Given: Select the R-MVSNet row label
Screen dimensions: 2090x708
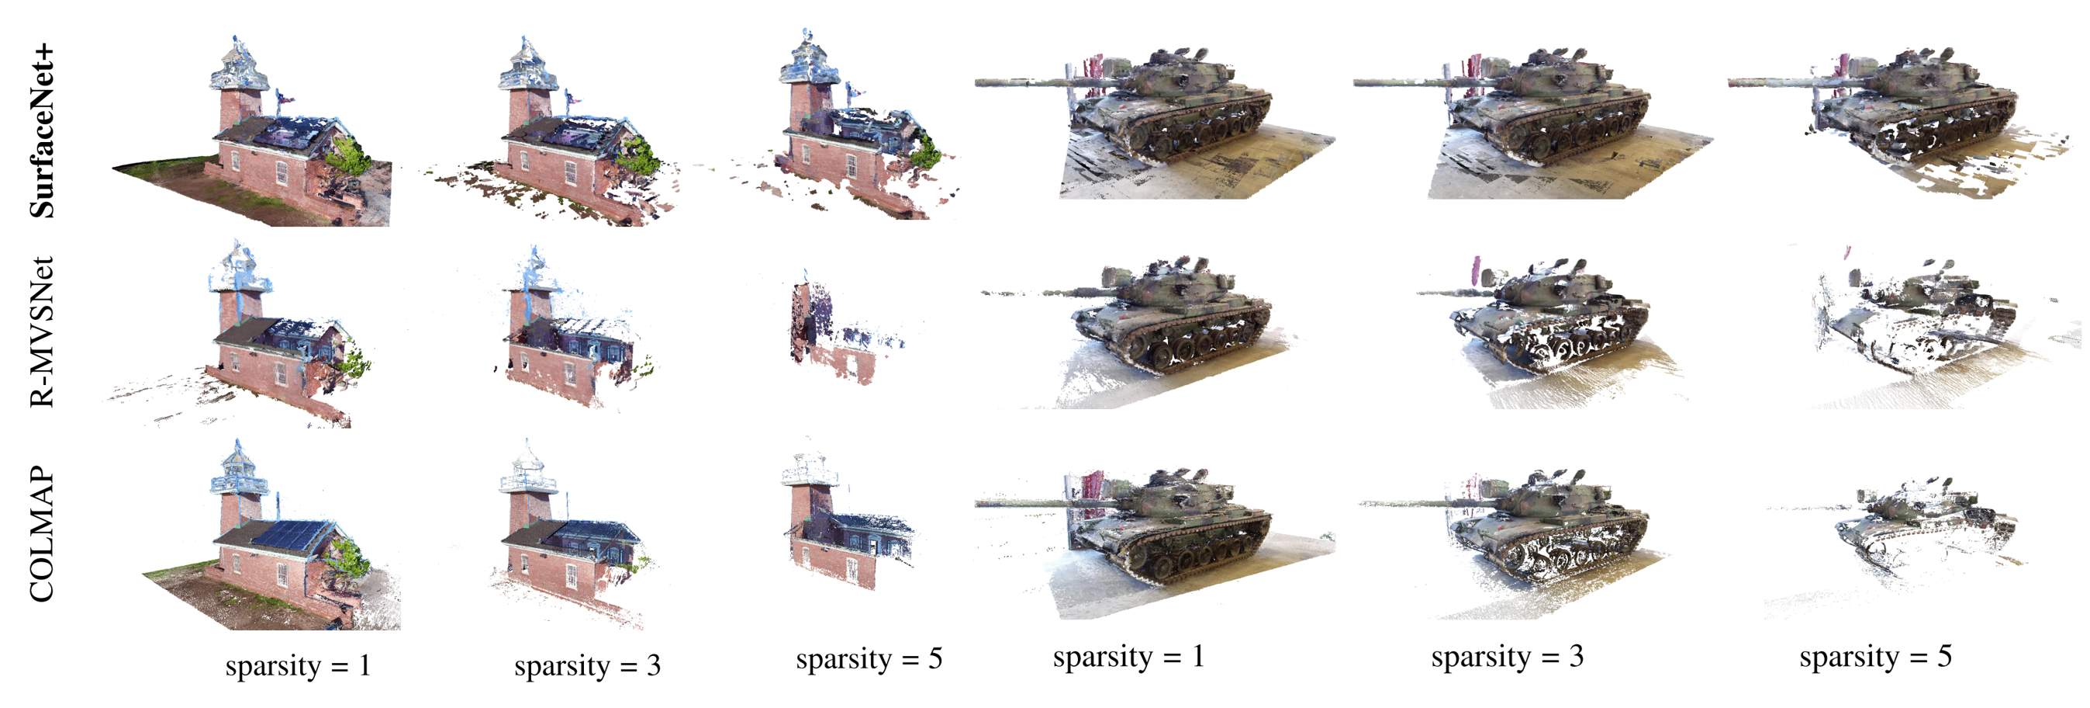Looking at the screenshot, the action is point(41,331).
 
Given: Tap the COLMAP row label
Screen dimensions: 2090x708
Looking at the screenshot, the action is point(41,534).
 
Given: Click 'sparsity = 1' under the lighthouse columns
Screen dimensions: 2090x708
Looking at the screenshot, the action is point(298,666).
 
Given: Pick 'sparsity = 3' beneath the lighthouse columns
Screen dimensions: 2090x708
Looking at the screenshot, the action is point(587,666).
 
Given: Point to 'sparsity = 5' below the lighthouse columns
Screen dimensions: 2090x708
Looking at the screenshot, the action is point(869,658).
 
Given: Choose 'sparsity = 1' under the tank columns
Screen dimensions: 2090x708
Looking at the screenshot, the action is point(1128,656).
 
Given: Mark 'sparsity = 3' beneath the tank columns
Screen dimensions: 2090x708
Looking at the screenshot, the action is point(1508,656).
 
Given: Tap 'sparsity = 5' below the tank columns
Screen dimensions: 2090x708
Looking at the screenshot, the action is point(1876,656).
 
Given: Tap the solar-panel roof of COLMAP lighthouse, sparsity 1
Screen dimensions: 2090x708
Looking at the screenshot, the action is point(291,536).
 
